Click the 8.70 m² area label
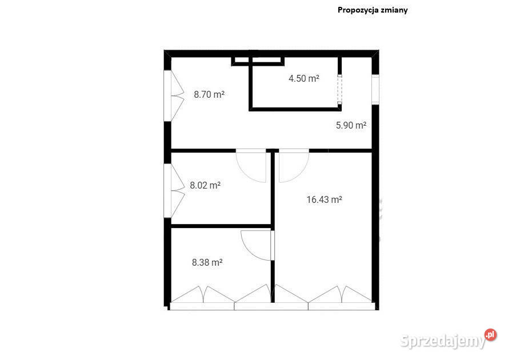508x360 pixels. click(209, 94)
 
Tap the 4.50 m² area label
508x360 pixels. click(304, 78)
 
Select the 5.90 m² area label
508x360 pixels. click(351, 125)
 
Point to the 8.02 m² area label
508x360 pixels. click(205, 185)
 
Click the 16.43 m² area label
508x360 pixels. click(325, 199)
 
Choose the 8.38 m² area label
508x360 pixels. click(207, 262)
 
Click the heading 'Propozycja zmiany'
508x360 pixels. click(373, 10)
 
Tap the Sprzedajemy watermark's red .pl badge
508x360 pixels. click(490, 335)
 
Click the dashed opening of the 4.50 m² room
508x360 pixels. click(339, 89)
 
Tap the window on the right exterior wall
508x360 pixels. click(375, 90)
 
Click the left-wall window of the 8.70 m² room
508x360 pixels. click(174, 95)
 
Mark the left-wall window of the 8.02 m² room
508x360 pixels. click(174, 190)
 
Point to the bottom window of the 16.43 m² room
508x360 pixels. click(342, 298)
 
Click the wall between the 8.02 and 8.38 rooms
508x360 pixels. click(221, 226)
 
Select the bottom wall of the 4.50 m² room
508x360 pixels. click(295, 110)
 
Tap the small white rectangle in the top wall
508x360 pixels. click(258, 60)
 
